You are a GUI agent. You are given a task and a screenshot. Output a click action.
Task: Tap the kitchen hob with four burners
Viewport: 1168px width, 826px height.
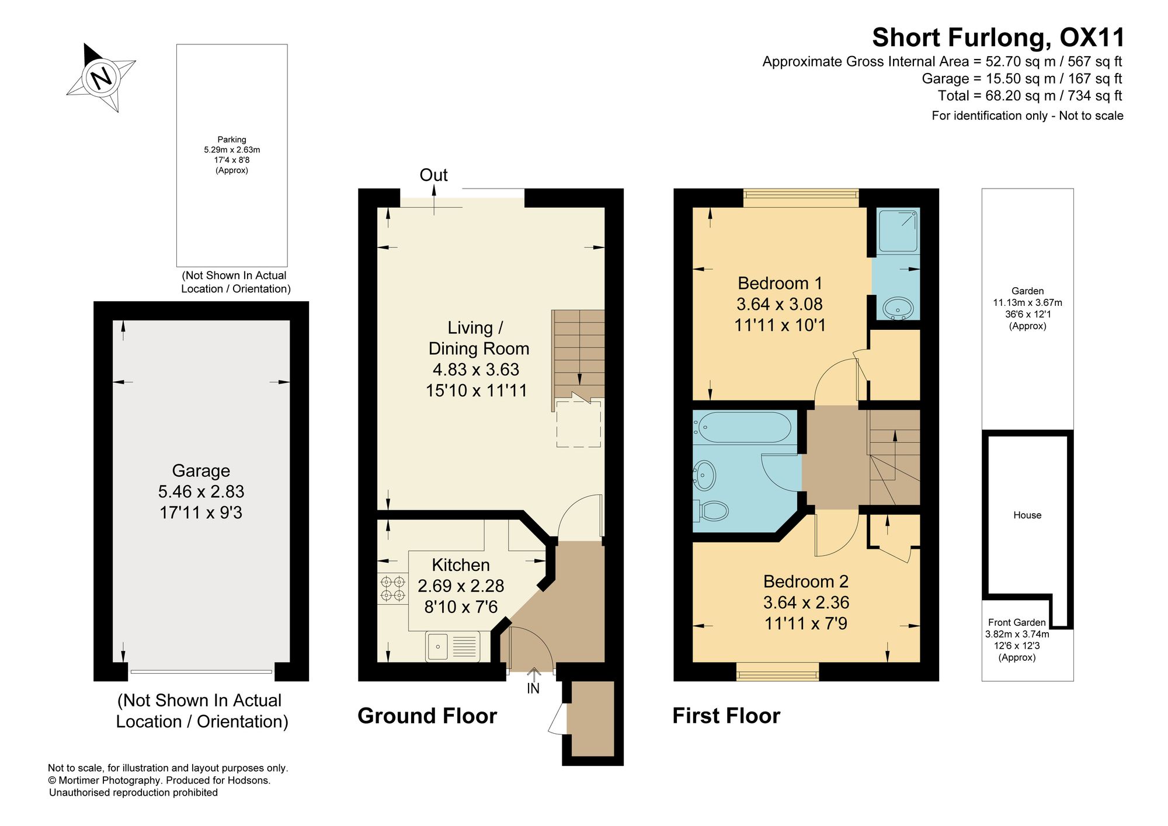coord(392,588)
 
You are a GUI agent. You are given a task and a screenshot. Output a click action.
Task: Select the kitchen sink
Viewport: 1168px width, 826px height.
coord(453,646)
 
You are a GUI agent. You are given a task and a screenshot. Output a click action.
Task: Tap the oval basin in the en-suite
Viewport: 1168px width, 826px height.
coord(898,307)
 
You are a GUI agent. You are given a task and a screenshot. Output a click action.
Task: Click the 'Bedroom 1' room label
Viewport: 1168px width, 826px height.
coord(780,283)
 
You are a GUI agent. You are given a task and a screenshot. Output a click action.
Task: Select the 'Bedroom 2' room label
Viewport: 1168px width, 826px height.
coord(805,581)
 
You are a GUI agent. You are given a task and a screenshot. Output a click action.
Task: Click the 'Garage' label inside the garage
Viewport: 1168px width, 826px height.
coord(201,470)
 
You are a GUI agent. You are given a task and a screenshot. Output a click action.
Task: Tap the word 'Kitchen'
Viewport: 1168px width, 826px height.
coord(461,564)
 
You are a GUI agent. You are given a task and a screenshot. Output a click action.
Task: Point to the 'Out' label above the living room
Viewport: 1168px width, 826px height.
coord(433,175)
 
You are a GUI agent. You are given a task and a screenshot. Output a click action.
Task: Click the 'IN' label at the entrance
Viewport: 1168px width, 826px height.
coord(533,689)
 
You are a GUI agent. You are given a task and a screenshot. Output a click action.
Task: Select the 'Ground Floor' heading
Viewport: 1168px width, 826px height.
coord(427,716)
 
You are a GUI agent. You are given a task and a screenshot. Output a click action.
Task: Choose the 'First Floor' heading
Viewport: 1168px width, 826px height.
coord(726,716)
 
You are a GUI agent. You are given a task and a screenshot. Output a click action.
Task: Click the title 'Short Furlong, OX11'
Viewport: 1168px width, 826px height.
coord(998,37)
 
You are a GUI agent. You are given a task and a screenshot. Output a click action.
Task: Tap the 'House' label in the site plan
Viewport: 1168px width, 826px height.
coord(1027,515)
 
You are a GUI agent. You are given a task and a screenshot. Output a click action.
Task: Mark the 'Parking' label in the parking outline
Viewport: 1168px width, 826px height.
coord(232,140)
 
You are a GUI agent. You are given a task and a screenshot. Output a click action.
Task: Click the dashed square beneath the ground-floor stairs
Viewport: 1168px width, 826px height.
coord(578,424)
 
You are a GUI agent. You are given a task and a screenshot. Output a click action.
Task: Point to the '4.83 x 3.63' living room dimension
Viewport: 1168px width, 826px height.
coord(476,370)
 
